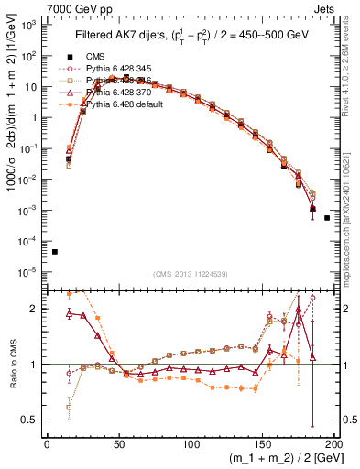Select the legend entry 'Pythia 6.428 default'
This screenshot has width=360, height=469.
123,104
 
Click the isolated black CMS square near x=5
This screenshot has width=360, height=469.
55,252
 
